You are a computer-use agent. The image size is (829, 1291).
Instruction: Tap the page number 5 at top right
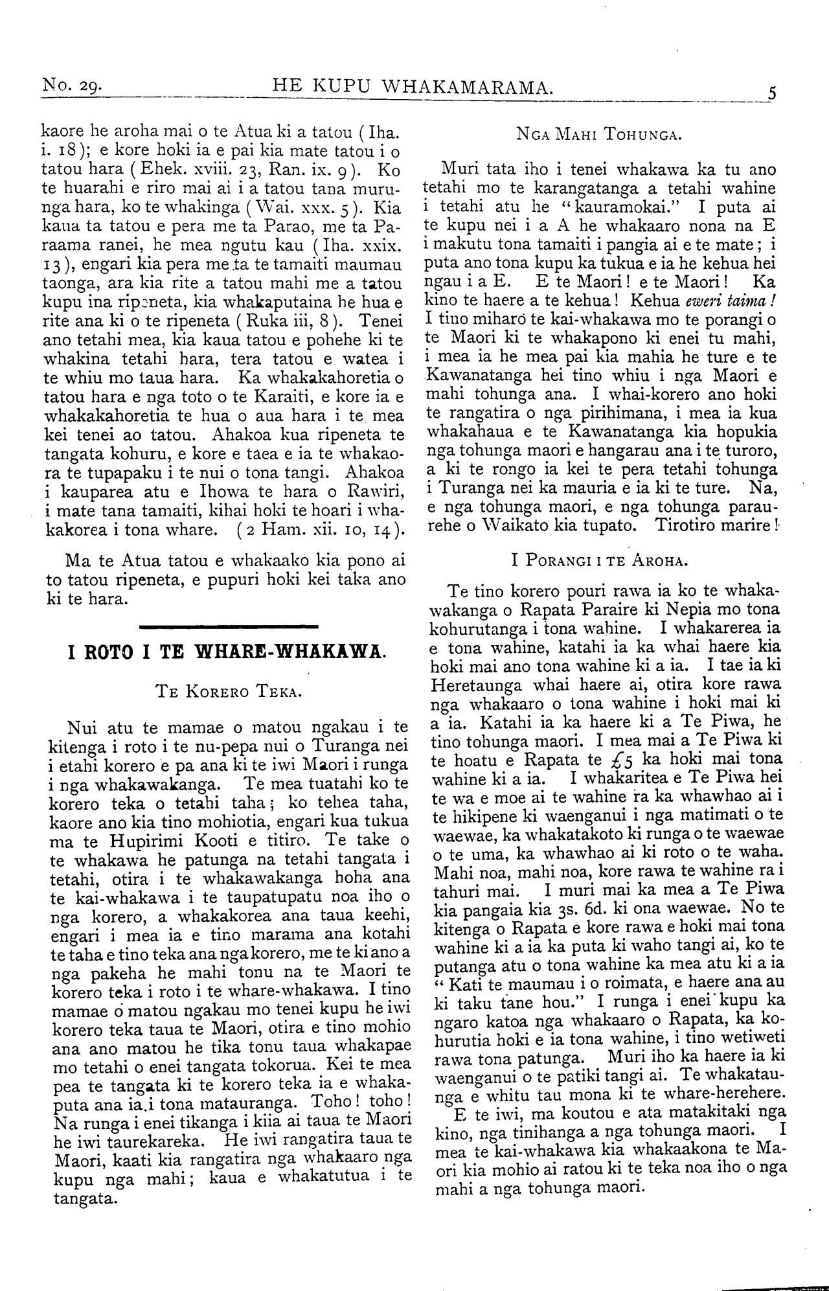coord(771,91)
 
